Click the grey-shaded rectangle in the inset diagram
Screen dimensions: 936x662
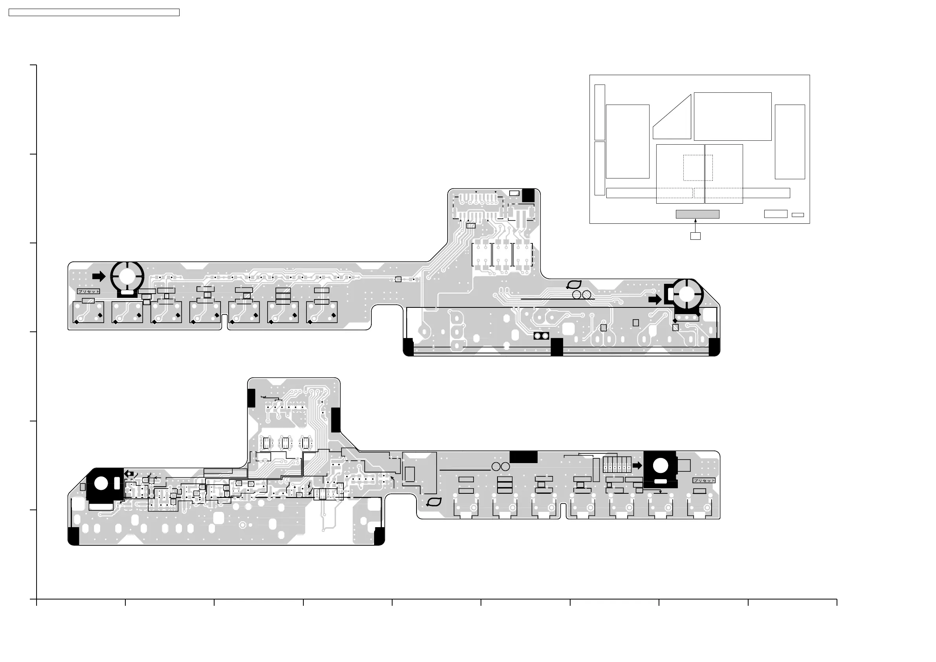point(697,214)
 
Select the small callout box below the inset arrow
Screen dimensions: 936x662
point(695,236)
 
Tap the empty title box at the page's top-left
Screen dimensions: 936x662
point(94,13)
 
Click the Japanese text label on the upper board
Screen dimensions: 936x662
point(88,292)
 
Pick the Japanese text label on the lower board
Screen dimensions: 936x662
point(704,480)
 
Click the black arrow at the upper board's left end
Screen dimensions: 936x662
point(99,276)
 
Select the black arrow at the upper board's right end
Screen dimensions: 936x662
point(655,300)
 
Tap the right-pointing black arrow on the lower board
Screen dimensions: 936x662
point(637,465)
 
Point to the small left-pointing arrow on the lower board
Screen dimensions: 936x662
point(129,474)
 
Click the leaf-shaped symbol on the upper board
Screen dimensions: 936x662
point(574,285)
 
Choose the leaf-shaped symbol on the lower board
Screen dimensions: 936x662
point(434,502)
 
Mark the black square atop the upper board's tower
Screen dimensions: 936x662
point(528,195)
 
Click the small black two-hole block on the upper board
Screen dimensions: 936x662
point(541,336)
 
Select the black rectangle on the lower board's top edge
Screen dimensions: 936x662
point(523,457)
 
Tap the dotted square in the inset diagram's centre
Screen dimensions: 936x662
point(698,167)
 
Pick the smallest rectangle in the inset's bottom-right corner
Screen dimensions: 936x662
point(797,215)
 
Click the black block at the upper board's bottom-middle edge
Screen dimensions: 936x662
point(556,347)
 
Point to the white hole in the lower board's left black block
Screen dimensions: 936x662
point(101,484)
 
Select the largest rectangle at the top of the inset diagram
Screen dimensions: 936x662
point(732,116)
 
